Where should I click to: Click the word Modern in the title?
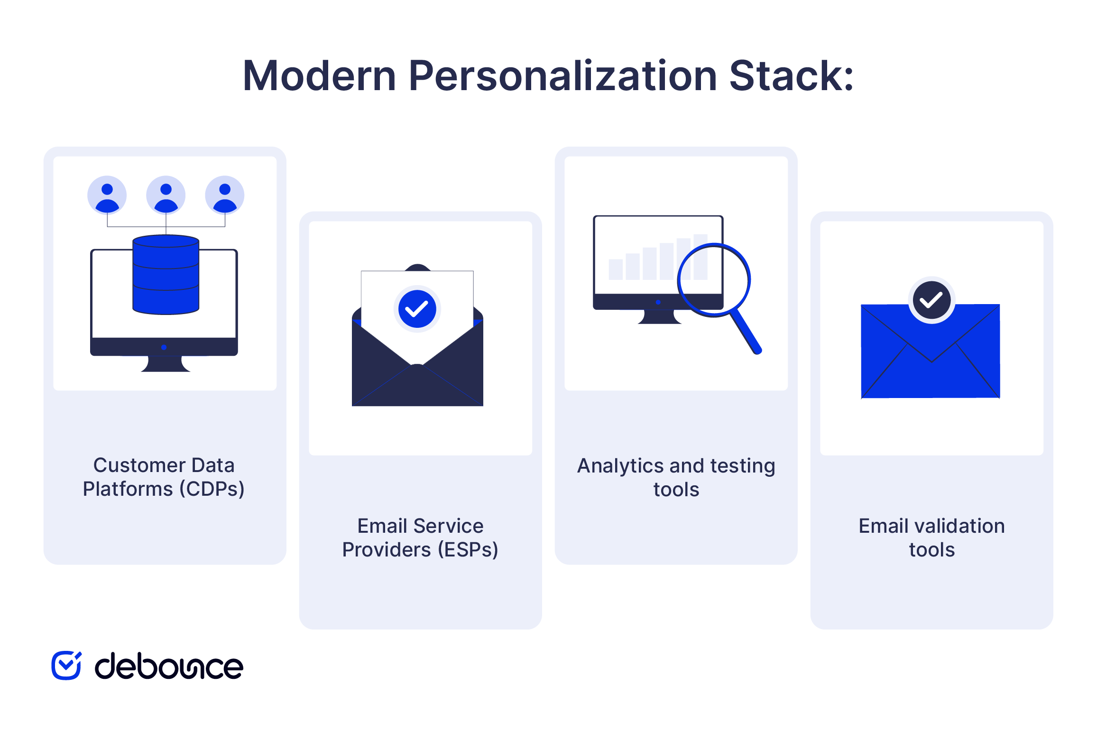coord(319,76)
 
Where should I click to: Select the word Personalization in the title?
coord(562,76)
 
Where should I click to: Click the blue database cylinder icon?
coord(166,274)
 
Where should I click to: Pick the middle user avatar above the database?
coord(166,195)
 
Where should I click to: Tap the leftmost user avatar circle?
coord(107,195)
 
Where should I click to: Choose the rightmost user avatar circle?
coord(225,195)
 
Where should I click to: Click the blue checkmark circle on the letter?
coord(417,309)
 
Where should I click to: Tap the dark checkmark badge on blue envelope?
coord(931,300)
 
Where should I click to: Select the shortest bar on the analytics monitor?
coord(616,269)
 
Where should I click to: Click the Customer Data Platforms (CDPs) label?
coord(164,477)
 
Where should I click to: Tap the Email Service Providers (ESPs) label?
coord(420,537)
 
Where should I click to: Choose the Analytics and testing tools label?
coord(676,477)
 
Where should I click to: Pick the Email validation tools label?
coord(932,537)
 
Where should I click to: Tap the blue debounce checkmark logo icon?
coord(66,665)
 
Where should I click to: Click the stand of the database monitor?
coord(166,363)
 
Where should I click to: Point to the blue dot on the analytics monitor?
coord(658,302)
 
